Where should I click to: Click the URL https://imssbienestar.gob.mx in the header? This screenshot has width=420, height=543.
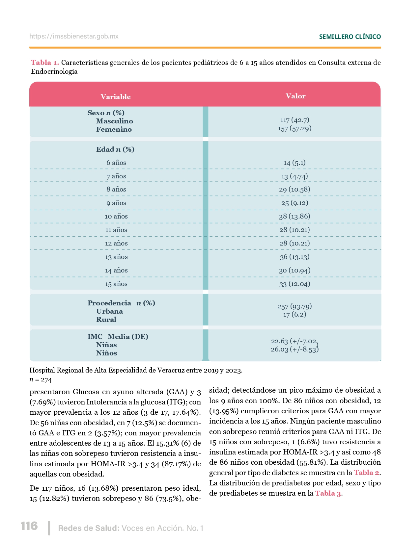pos(74,37)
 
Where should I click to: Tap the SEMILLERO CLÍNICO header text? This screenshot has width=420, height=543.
pos(350,37)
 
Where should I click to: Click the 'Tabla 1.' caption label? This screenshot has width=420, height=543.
pos(45,63)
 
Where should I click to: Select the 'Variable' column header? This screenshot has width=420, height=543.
pos(116,97)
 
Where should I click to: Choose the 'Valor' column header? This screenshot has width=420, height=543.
pos(295,96)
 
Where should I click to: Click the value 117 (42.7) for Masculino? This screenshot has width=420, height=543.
pos(294,120)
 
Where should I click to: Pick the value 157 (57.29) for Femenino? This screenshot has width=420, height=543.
pos(294,128)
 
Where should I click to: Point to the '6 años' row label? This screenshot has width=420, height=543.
pos(116,163)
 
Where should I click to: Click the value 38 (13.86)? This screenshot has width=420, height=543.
pos(294,216)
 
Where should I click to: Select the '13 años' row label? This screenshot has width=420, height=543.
pos(116,257)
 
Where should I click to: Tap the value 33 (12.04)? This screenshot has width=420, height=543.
pos(294,284)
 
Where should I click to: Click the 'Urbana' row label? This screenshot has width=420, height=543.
pos(109,311)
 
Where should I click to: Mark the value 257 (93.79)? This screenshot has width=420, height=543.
pos(294,306)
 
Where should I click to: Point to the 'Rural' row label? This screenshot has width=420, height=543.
pos(106,320)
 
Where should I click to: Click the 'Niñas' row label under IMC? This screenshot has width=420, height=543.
pos(106,345)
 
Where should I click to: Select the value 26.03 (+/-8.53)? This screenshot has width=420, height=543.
pos(294,349)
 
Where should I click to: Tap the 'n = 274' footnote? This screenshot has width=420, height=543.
pos(41,380)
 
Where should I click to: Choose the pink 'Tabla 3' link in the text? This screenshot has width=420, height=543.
pos(328,493)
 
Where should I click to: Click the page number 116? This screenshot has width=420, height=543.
pos(29,526)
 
